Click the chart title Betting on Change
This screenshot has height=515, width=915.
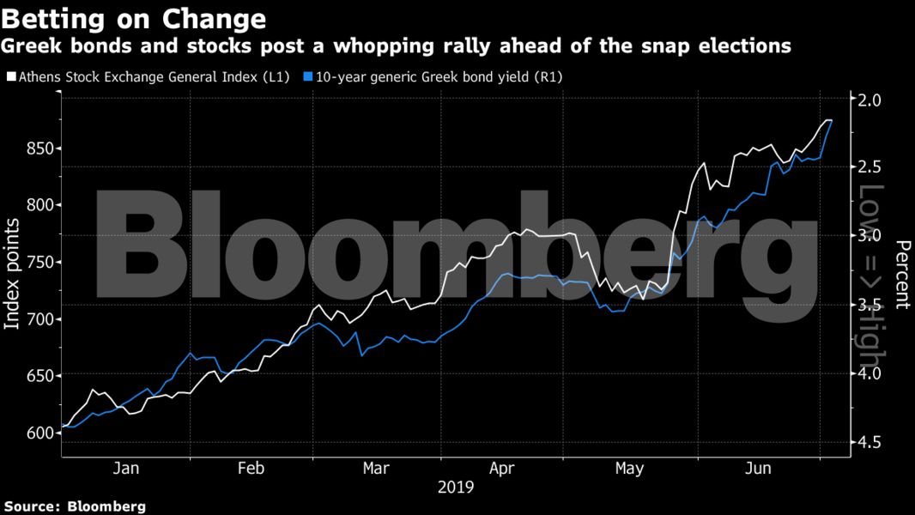(x=134, y=18)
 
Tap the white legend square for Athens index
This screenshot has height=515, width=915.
(x=9, y=77)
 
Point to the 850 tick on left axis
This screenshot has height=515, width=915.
(x=41, y=148)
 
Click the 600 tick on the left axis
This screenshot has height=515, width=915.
(x=41, y=433)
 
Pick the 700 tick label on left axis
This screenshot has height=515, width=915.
(x=41, y=319)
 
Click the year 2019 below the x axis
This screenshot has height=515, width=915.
(x=455, y=488)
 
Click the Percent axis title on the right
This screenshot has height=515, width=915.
(x=902, y=273)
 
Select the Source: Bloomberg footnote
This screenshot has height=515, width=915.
(x=74, y=506)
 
